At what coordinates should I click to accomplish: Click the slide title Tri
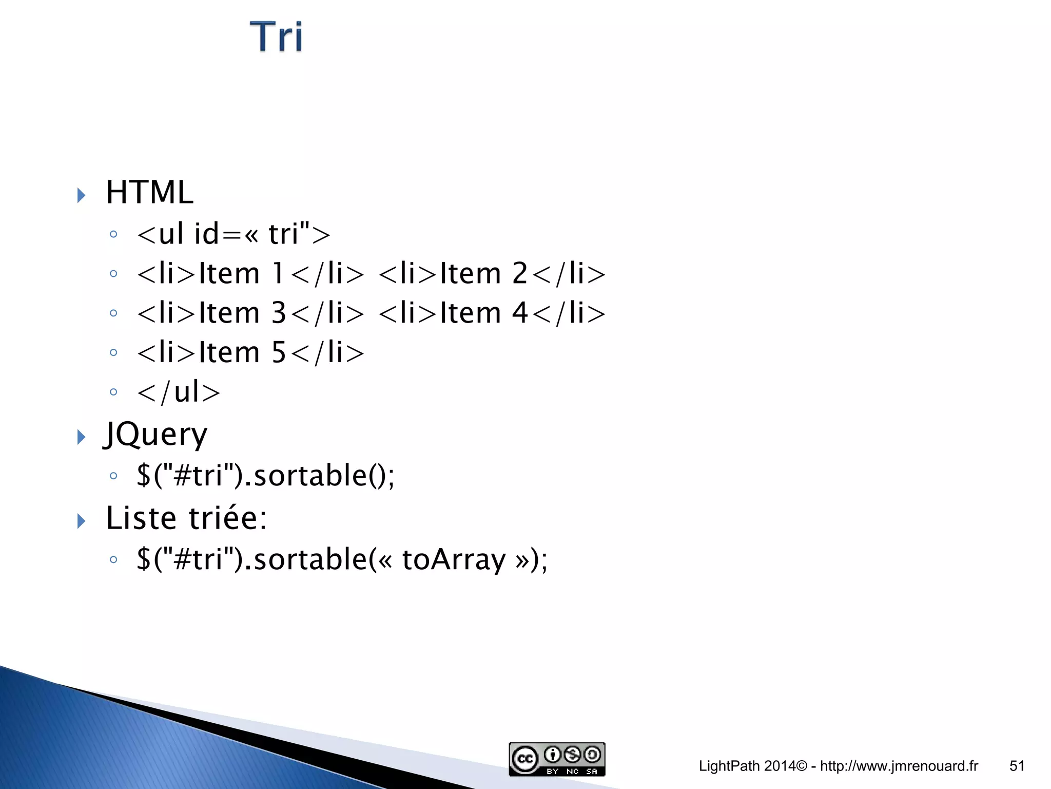click(276, 37)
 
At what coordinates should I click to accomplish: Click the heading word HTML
click(149, 193)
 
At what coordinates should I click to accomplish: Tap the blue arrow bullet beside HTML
click(81, 195)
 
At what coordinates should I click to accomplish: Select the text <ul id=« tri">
click(233, 234)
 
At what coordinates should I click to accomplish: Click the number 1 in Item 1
click(278, 273)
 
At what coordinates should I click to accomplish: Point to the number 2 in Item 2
click(520, 273)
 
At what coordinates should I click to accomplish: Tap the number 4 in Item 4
click(520, 313)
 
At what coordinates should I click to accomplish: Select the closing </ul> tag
click(179, 392)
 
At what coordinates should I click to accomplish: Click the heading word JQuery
click(156, 435)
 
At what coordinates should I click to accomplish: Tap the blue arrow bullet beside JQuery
click(81, 437)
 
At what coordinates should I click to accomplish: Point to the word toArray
click(454, 559)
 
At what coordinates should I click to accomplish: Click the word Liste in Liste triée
click(141, 518)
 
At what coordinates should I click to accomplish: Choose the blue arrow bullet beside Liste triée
click(81, 521)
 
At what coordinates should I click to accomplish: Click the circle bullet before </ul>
click(113, 392)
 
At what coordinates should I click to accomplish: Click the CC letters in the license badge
click(525, 759)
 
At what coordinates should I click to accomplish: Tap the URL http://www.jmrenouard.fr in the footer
click(899, 766)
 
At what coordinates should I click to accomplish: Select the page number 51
click(1017, 766)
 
